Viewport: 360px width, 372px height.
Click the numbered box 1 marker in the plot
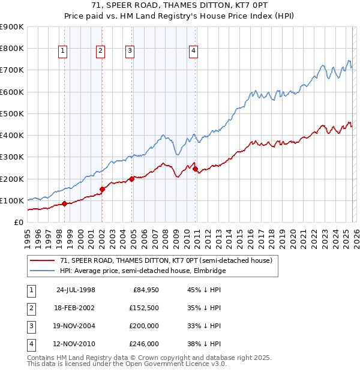pyautogui.click(x=63, y=52)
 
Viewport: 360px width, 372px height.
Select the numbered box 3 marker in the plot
pyautogui.click(x=130, y=52)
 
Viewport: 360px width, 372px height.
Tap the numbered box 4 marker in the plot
pyautogui.click(x=193, y=52)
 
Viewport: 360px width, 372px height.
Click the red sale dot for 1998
pyautogui.click(x=64, y=204)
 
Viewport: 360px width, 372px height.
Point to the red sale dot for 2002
pyautogui.click(x=102, y=190)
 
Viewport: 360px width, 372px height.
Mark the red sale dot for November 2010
pyautogui.click(x=195, y=169)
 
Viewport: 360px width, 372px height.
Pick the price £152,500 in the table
pyautogui.click(x=143, y=308)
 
